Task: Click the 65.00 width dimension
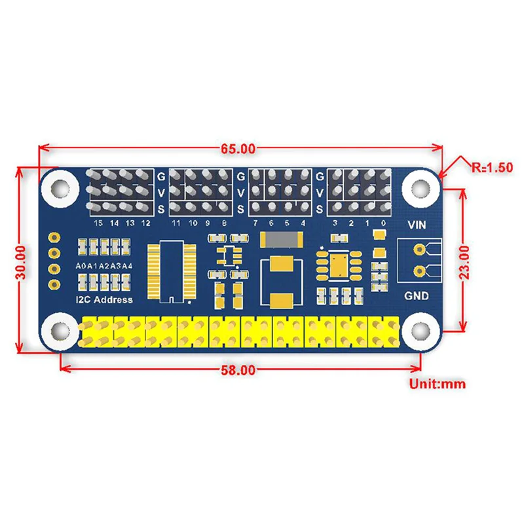[237, 149]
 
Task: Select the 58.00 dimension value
[237, 370]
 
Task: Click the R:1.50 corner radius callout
[492, 167]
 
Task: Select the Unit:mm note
[437, 384]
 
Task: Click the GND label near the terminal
[417, 295]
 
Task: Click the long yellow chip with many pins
[170, 271]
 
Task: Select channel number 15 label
[99, 223]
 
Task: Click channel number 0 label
[383, 223]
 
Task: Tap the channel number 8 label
[224, 223]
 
